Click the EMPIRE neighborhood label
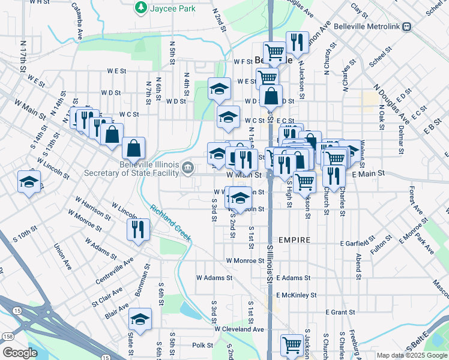pos(294,240)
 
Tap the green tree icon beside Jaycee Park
pos(140,8)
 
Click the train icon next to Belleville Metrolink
pos(407,26)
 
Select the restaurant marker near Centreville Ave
pos(138,229)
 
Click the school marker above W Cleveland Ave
pos(140,319)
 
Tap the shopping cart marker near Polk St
pos(292,344)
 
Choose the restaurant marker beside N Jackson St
pos(297,42)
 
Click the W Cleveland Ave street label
pos(240,329)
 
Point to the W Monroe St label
pos(245,261)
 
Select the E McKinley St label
pos(296,295)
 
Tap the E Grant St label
pos(340,312)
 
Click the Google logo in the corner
pos(19,353)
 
